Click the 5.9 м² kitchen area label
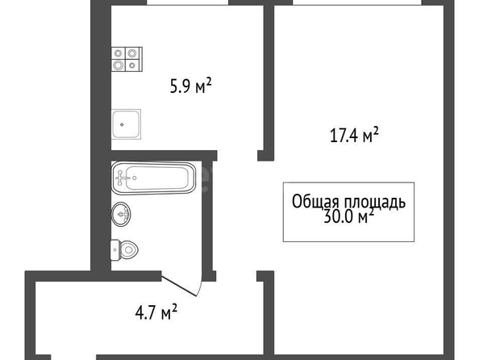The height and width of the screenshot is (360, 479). point(190,86)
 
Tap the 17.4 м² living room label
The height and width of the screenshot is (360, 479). point(354,136)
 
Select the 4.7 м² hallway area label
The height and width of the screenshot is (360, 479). point(156,312)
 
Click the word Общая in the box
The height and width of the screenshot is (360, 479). point(315,202)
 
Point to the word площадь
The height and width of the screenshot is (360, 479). point(375,203)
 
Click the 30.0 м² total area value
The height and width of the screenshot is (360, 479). point(348,216)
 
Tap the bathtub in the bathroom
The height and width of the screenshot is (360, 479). point(153,178)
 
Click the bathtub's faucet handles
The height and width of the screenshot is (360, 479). point(120,178)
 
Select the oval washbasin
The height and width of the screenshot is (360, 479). point(121,214)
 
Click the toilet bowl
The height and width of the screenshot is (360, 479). point(128,250)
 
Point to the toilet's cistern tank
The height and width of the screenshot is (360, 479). point(115,250)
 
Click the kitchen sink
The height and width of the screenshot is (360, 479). point(126,124)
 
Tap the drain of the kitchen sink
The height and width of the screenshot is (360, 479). point(122,124)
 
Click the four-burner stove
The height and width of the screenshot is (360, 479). point(127,59)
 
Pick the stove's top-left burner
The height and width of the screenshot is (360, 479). point(119,53)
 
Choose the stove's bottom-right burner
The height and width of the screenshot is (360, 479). point(132,65)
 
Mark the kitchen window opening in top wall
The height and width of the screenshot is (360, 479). point(187,2)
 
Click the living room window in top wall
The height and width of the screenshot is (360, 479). point(357,2)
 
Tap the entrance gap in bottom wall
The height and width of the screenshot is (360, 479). point(73,358)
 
